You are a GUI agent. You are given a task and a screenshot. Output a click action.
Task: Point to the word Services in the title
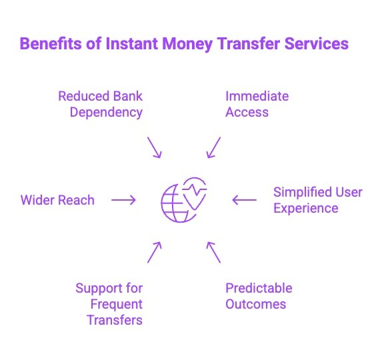point(317,45)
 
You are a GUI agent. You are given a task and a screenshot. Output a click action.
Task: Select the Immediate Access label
point(257,104)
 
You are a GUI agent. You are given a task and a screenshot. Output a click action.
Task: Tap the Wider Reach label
point(57,200)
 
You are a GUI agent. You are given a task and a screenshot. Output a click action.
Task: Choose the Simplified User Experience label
point(317,200)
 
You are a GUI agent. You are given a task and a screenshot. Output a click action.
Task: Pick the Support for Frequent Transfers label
point(109,304)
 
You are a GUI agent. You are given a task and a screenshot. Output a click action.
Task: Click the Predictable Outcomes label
point(258,296)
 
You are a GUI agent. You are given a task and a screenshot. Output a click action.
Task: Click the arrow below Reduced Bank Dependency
point(154,147)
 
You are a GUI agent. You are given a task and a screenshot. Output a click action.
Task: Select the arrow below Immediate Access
point(213,147)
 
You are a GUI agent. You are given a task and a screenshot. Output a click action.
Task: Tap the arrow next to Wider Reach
point(123,199)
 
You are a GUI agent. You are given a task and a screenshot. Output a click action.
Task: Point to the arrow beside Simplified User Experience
point(244,199)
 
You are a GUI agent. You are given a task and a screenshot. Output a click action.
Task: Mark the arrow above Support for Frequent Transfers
point(154,251)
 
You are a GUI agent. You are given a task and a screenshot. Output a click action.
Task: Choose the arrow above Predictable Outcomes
point(213,251)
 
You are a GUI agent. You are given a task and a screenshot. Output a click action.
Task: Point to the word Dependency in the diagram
point(107,112)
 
